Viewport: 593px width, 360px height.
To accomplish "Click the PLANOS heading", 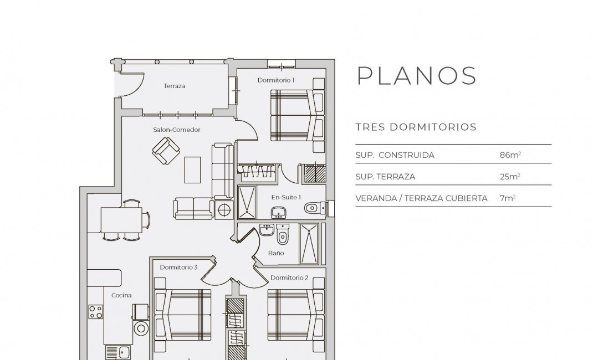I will [x=416, y=76].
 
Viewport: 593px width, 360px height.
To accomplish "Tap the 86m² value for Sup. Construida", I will [x=510, y=155].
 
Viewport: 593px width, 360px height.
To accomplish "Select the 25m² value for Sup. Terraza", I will [x=510, y=177].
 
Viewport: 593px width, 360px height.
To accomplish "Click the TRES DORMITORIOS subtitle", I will [x=416, y=127].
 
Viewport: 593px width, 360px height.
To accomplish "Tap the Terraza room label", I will [x=174, y=86].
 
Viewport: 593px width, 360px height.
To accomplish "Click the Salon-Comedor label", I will [x=177, y=130].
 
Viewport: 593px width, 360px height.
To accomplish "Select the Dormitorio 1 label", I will [x=276, y=80].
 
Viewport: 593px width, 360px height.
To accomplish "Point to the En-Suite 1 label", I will [x=286, y=197].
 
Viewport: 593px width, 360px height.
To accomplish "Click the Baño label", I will [x=276, y=253].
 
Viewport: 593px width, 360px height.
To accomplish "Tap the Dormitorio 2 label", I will [x=289, y=277].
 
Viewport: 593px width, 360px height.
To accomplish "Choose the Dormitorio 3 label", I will [x=178, y=268].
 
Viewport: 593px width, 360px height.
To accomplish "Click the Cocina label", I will [x=121, y=295].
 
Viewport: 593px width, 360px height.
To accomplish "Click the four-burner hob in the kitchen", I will [x=96, y=312].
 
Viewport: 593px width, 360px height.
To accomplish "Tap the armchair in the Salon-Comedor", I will [x=166, y=150].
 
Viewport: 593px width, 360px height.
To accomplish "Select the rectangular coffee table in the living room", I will [x=193, y=169].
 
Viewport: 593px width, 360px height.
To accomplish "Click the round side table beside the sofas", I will [x=226, y=210].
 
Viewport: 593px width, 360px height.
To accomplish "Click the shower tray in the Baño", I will [x=309, y=244].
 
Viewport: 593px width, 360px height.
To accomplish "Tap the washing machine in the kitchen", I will [x=140, y=327].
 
